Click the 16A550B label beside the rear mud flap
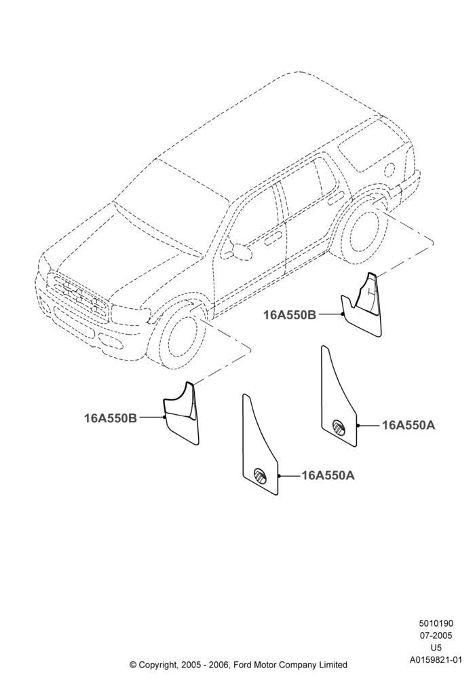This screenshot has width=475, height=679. (290, 315)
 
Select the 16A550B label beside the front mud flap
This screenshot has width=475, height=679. (111, 418)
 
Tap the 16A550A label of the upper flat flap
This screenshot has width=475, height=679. (408, 426)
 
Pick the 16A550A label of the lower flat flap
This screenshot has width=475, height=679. (328, 475)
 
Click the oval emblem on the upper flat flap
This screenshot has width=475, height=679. (339, 426)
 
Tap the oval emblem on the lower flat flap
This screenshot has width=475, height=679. (260, 475)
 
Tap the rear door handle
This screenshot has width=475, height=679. (336, 200)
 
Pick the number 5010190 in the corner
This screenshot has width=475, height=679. (436, 623)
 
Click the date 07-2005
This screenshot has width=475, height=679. (436, 636)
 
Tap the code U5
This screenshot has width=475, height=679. (436, 648)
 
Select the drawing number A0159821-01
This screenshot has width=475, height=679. (436, 660)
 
